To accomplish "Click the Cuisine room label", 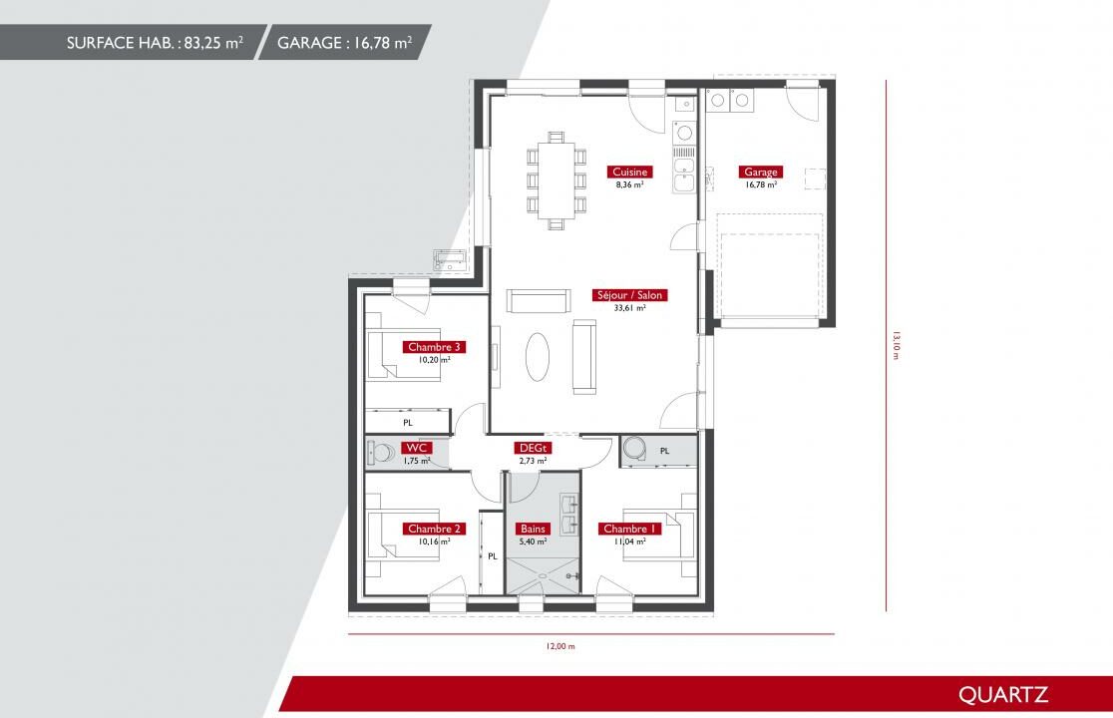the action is pos(629,172).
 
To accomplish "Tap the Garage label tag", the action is pos(760,172).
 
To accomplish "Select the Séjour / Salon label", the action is pos(629,295).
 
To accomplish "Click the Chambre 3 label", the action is pos(435,347).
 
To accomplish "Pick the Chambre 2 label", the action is pos(435,529).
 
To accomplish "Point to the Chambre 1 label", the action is pos(629,529).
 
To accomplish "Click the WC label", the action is pos(416,448).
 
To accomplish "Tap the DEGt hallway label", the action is pos(534,448).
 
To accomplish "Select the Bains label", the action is pos(533,529).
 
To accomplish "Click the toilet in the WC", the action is pos(381,453).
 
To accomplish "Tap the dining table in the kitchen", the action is pos(556,180).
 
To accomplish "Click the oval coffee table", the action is pos(538,357).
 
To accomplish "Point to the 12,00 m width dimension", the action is pos(560,646).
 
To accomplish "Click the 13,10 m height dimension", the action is pos(895,345).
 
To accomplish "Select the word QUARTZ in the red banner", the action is pos(1003,695).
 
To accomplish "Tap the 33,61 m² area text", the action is pos(629,308).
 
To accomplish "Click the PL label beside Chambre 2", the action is pos(493,556).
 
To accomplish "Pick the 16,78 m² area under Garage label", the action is pos(761,184).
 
